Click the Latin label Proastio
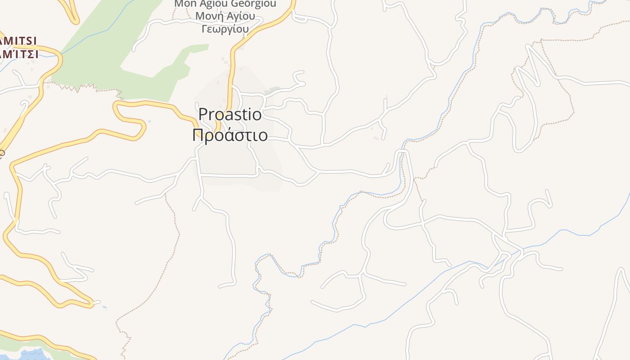coord(230,114)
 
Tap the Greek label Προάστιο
coord(230,135)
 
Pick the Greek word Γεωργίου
coord(225,29)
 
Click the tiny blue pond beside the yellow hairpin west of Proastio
coord(149,121)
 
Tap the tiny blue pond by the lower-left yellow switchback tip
coord(104,308)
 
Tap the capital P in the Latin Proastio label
coord(203,114)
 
